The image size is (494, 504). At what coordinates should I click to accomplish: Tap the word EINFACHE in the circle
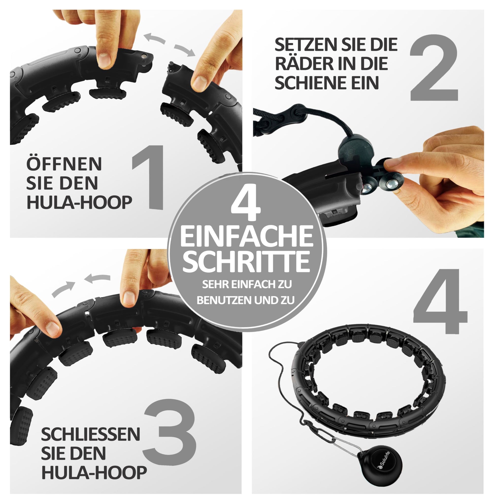(247, 236)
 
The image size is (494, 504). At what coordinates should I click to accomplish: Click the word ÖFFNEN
(64, 164)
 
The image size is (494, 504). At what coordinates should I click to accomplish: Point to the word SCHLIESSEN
(91, 434)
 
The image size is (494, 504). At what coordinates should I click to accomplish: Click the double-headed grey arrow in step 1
(170, 44)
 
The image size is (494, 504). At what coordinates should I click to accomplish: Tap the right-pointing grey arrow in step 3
(63, 289)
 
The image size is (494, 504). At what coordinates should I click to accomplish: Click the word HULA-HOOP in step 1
(79, 202)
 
